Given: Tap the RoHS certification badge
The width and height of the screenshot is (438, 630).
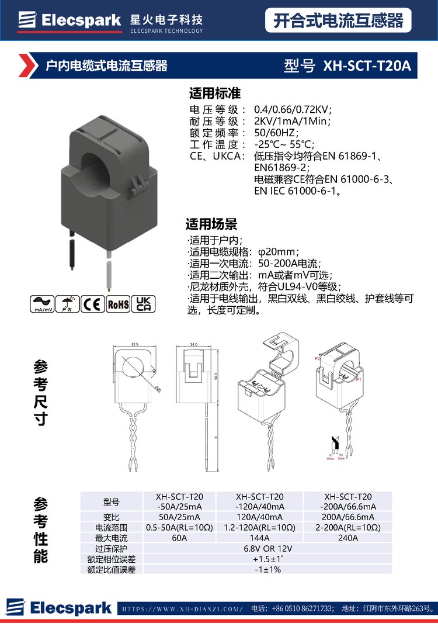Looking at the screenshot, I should (119, 304).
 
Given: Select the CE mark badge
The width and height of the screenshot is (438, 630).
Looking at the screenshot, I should (92, 304).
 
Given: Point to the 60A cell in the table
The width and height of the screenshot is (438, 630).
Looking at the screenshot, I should (179, 538).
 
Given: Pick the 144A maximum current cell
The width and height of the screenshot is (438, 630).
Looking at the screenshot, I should (259, 538).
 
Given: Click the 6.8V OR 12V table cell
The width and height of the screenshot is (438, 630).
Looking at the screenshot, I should (267, 548).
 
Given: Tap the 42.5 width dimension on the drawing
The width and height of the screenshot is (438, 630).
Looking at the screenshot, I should (134, 345).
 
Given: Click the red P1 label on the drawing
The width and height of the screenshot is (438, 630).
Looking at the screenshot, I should (359, 379).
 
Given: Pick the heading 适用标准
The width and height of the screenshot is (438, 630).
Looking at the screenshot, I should (215, 94).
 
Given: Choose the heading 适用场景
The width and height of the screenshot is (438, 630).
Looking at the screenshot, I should (211, 224).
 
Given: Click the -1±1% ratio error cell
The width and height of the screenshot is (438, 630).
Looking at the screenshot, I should (267, 569).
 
